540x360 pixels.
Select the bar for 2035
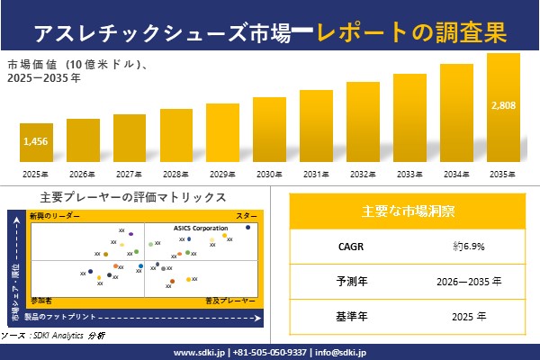point(503,108)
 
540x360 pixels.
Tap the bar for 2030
point(269,130)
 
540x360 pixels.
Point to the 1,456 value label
point(36,141)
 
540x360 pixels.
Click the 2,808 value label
point(503,105)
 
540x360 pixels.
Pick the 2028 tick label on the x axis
point(175,174)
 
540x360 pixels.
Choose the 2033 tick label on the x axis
point(409,174)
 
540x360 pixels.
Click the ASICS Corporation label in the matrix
point(193,229)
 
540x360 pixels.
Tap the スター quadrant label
point(247,217)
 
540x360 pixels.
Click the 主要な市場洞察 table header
point(408,211)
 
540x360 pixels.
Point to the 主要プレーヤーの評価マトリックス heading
point(133,197)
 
